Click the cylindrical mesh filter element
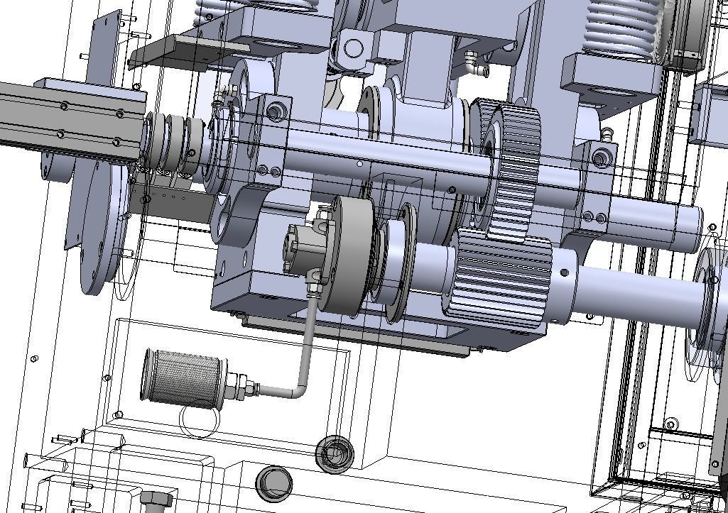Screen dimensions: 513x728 tap(183, 377)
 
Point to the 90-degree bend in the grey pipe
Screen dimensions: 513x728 tap(301, 388)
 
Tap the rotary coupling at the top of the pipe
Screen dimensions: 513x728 tap(306, 248)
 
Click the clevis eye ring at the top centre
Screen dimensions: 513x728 tap(352, 48)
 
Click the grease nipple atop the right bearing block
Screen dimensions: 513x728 tap(607, 133)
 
